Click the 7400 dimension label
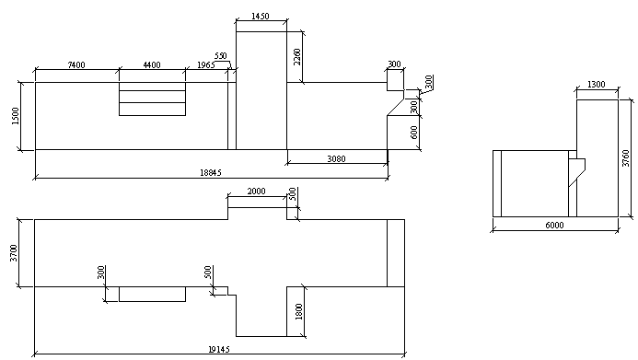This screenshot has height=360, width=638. pos(76,64)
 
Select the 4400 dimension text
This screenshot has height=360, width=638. pos(152,64)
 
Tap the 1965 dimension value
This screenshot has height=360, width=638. pos(206,64)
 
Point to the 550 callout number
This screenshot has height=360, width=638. pos(220,56)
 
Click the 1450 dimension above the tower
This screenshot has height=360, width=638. pos(261,16)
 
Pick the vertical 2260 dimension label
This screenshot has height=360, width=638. pos(297,56)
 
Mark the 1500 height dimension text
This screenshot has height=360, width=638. pos(16,116)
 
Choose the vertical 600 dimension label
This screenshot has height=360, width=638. pos(414,133)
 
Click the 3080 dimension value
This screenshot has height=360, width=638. pos(337,158)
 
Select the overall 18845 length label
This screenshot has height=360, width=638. pos(211,172)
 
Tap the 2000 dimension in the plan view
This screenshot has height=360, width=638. pos(256,192)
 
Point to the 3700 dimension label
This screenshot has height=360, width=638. pos(14,253)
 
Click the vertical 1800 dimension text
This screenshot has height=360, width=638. pos(299,311)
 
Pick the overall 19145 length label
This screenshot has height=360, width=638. pos(219,349)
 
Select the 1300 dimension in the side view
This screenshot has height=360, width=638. pos(597,84)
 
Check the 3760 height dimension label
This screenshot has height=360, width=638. pos(626,158)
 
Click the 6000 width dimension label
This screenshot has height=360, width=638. pos(554,225)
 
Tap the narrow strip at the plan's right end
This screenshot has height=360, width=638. pos(396,253)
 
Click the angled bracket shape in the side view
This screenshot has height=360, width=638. pos(576,172)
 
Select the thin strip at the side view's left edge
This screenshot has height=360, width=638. pos(497,183)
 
